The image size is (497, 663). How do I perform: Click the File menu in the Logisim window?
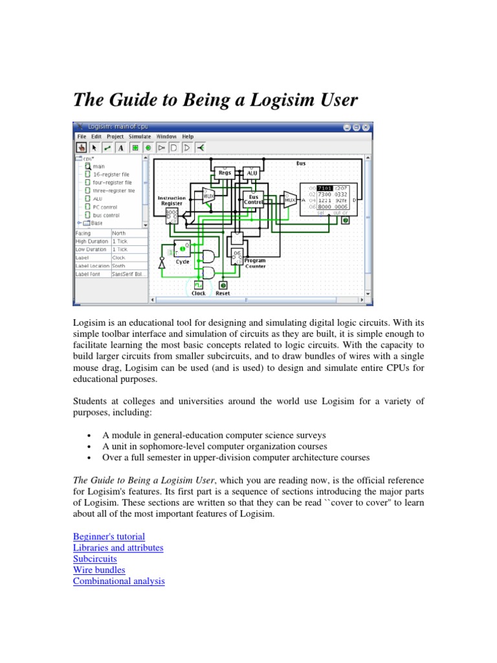[82, 137]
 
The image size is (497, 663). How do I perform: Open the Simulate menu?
[140, 137]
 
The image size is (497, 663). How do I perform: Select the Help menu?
[188, 137]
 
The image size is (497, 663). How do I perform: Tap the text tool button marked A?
[120, 148]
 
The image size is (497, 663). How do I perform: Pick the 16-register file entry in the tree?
[111, 174]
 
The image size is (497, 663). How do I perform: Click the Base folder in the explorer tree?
[96, 223]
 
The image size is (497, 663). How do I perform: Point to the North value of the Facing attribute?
[120, 233]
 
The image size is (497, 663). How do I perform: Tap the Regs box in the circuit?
[224, 173]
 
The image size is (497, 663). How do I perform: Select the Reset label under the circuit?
[223, 293]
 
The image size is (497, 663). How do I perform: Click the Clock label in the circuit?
[199, 293]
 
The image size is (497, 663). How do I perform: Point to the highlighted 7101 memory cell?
[324, 188]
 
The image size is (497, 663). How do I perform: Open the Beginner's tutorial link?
[109, 537]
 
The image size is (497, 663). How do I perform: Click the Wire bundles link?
[99, 570]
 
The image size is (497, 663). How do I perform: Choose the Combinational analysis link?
[119, 581]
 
